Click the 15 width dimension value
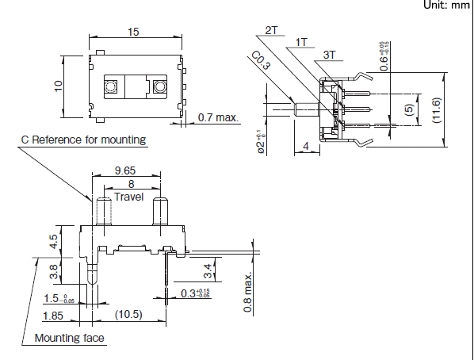pyautogui.click(x=133, y=32)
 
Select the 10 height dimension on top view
pyautogui.click(x=58, y=86)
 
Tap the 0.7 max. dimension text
pyautogui.click(x=218, y=117)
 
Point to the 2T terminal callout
pyautogui.click(x=271, y=30)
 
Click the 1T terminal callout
pyautogui.click(x=301, y=42)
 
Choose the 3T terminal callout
pyautogui.click(x=329, y=55)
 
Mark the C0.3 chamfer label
pyautogui.click(x=261, y=60)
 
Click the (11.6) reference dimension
pyautogui.click(x=437, y=109)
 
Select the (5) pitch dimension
pyautogui.click(x=408, y=109)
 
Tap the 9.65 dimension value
pyautogui.click(x=125, y=170)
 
